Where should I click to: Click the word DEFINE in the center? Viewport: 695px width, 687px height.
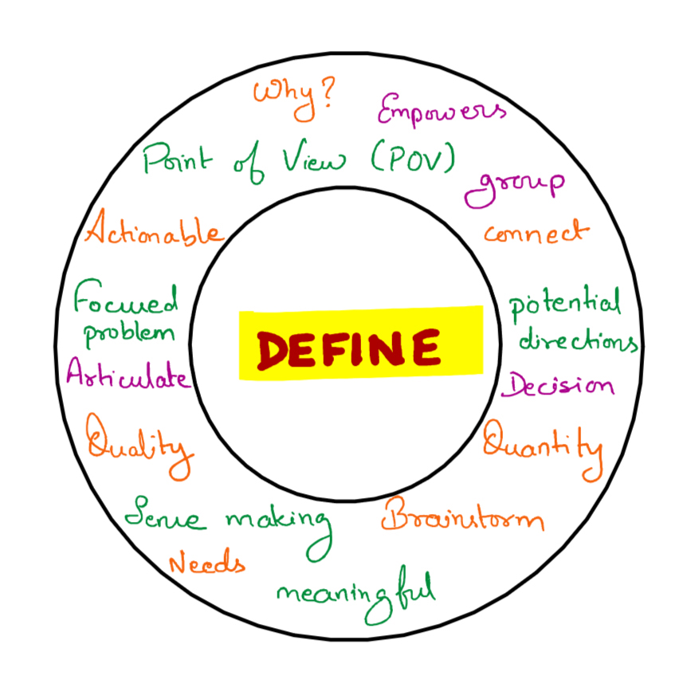pos(349,349)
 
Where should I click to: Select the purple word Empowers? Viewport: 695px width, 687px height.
pos(440,110)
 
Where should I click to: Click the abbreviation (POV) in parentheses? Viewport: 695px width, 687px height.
pos(412,159)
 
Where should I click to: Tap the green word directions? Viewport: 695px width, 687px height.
pos(578,341)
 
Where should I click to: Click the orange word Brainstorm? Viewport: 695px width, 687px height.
pos(462,519)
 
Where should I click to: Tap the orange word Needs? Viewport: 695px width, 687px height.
pos(207,564)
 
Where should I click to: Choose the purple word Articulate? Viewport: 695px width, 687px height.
pos(128,374)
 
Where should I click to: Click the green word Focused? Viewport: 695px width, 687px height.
pos(126,303)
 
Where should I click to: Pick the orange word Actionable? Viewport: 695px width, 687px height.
pos(154,233)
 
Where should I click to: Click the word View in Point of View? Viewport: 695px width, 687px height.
pos(314,159)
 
